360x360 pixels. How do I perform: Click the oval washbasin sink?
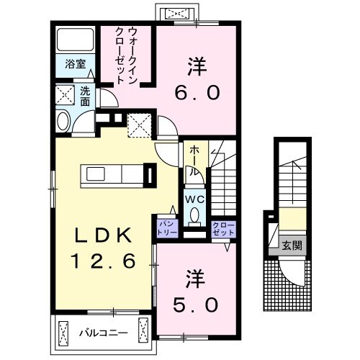[x=62, y=120]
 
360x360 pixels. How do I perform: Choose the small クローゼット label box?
[x=222, y=229]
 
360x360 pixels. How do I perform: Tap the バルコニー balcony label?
[x=103, y=333]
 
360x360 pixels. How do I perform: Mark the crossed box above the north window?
[x=175, y=12]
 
